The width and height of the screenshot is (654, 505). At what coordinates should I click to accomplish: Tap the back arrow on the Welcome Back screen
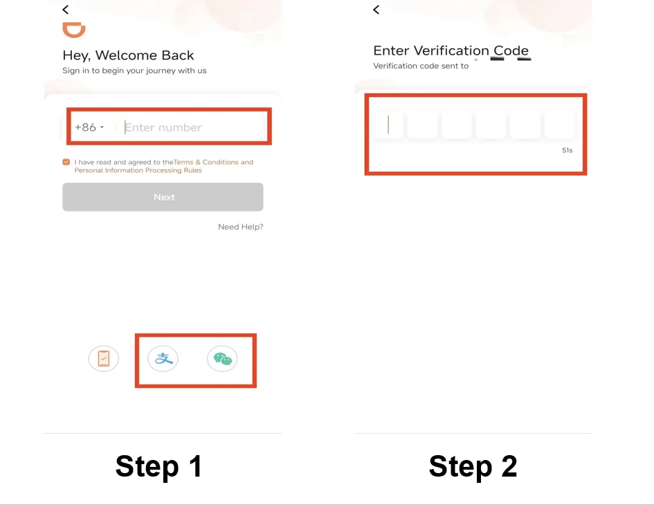[x=66, y=10]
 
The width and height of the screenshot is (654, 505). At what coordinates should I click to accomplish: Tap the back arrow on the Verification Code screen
[x=376, y=10]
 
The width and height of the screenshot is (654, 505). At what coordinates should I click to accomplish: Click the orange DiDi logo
[x=74, y=30]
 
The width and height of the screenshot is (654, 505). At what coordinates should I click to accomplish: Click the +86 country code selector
[x=89, y=127]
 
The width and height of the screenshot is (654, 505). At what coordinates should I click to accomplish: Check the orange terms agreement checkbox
[x=66, y=162]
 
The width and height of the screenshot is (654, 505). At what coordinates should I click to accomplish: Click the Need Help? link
[x=241, y=227]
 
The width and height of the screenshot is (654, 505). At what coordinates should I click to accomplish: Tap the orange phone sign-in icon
[x=103, y=359]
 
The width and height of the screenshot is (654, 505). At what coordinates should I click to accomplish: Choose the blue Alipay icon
[x=163, y=359]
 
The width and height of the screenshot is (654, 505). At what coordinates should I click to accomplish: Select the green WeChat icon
[x=222, y=359]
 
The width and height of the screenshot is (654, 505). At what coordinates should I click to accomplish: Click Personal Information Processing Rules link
[x=138, y=170]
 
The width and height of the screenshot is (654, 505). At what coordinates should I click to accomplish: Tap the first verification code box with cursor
[x=388, y=125]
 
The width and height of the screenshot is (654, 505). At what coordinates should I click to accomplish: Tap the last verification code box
[x=559, y=125]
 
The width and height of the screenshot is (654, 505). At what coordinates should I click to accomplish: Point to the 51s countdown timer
[x=567, y=150]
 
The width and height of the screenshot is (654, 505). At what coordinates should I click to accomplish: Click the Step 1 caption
[x=159, y=466]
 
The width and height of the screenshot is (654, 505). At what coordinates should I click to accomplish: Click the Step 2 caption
[x=473, y=466]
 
